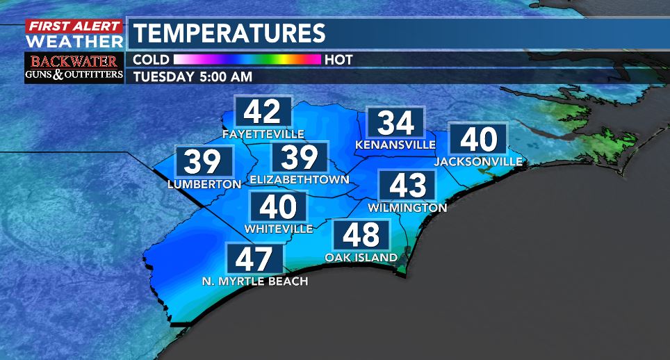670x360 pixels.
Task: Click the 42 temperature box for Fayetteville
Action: click(262, 111)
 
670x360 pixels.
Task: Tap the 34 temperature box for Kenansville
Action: click(395, 123)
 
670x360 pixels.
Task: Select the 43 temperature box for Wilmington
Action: click(407, 186)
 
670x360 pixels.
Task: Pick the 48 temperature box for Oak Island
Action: click(361, 236)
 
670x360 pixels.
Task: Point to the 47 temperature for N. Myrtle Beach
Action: click(255, 259)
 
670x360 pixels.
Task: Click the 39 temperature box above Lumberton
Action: click(204, 162)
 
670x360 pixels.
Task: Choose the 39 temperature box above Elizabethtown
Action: click(300, 158)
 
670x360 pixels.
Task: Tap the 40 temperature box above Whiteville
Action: click(278, 207)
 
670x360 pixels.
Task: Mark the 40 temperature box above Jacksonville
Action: click(478, 140)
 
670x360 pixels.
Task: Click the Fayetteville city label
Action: click(263, 133)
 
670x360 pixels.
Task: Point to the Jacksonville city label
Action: click(478, 162)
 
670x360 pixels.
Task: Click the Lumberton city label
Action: click(204, 184)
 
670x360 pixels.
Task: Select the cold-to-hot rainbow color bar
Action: click(247, 60)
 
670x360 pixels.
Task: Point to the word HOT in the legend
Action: click(338, 60)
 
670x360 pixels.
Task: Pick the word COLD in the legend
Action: click(150, 60)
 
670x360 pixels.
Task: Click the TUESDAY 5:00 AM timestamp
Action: click(193, 76)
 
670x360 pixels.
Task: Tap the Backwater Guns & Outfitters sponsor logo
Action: click(74, 67)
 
